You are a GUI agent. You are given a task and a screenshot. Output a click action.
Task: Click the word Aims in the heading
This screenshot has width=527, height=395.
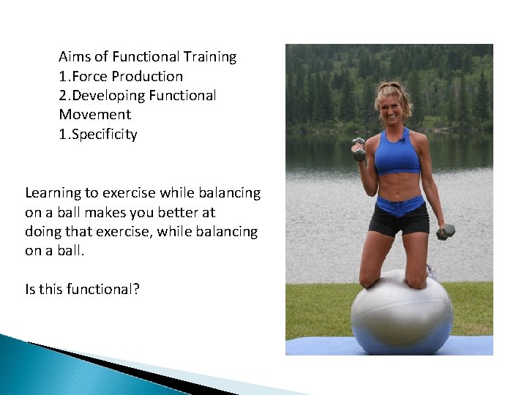pyautogui.click(x=74, y=57)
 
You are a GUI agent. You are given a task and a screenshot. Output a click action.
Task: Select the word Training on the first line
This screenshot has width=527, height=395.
pyautogui.click(x=209, y=57)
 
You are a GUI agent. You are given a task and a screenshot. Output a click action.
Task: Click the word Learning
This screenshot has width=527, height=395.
pyautogui.click(x=53, y=193)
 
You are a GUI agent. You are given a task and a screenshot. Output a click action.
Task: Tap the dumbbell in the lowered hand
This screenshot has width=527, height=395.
pyautogui.click(x=445, y=233)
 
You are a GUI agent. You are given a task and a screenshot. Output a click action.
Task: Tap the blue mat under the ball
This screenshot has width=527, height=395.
pyautogui.click(x=315, y=346)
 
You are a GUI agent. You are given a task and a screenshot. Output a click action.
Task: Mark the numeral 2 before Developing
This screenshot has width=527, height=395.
pyautogui.click(x=62, y=96)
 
